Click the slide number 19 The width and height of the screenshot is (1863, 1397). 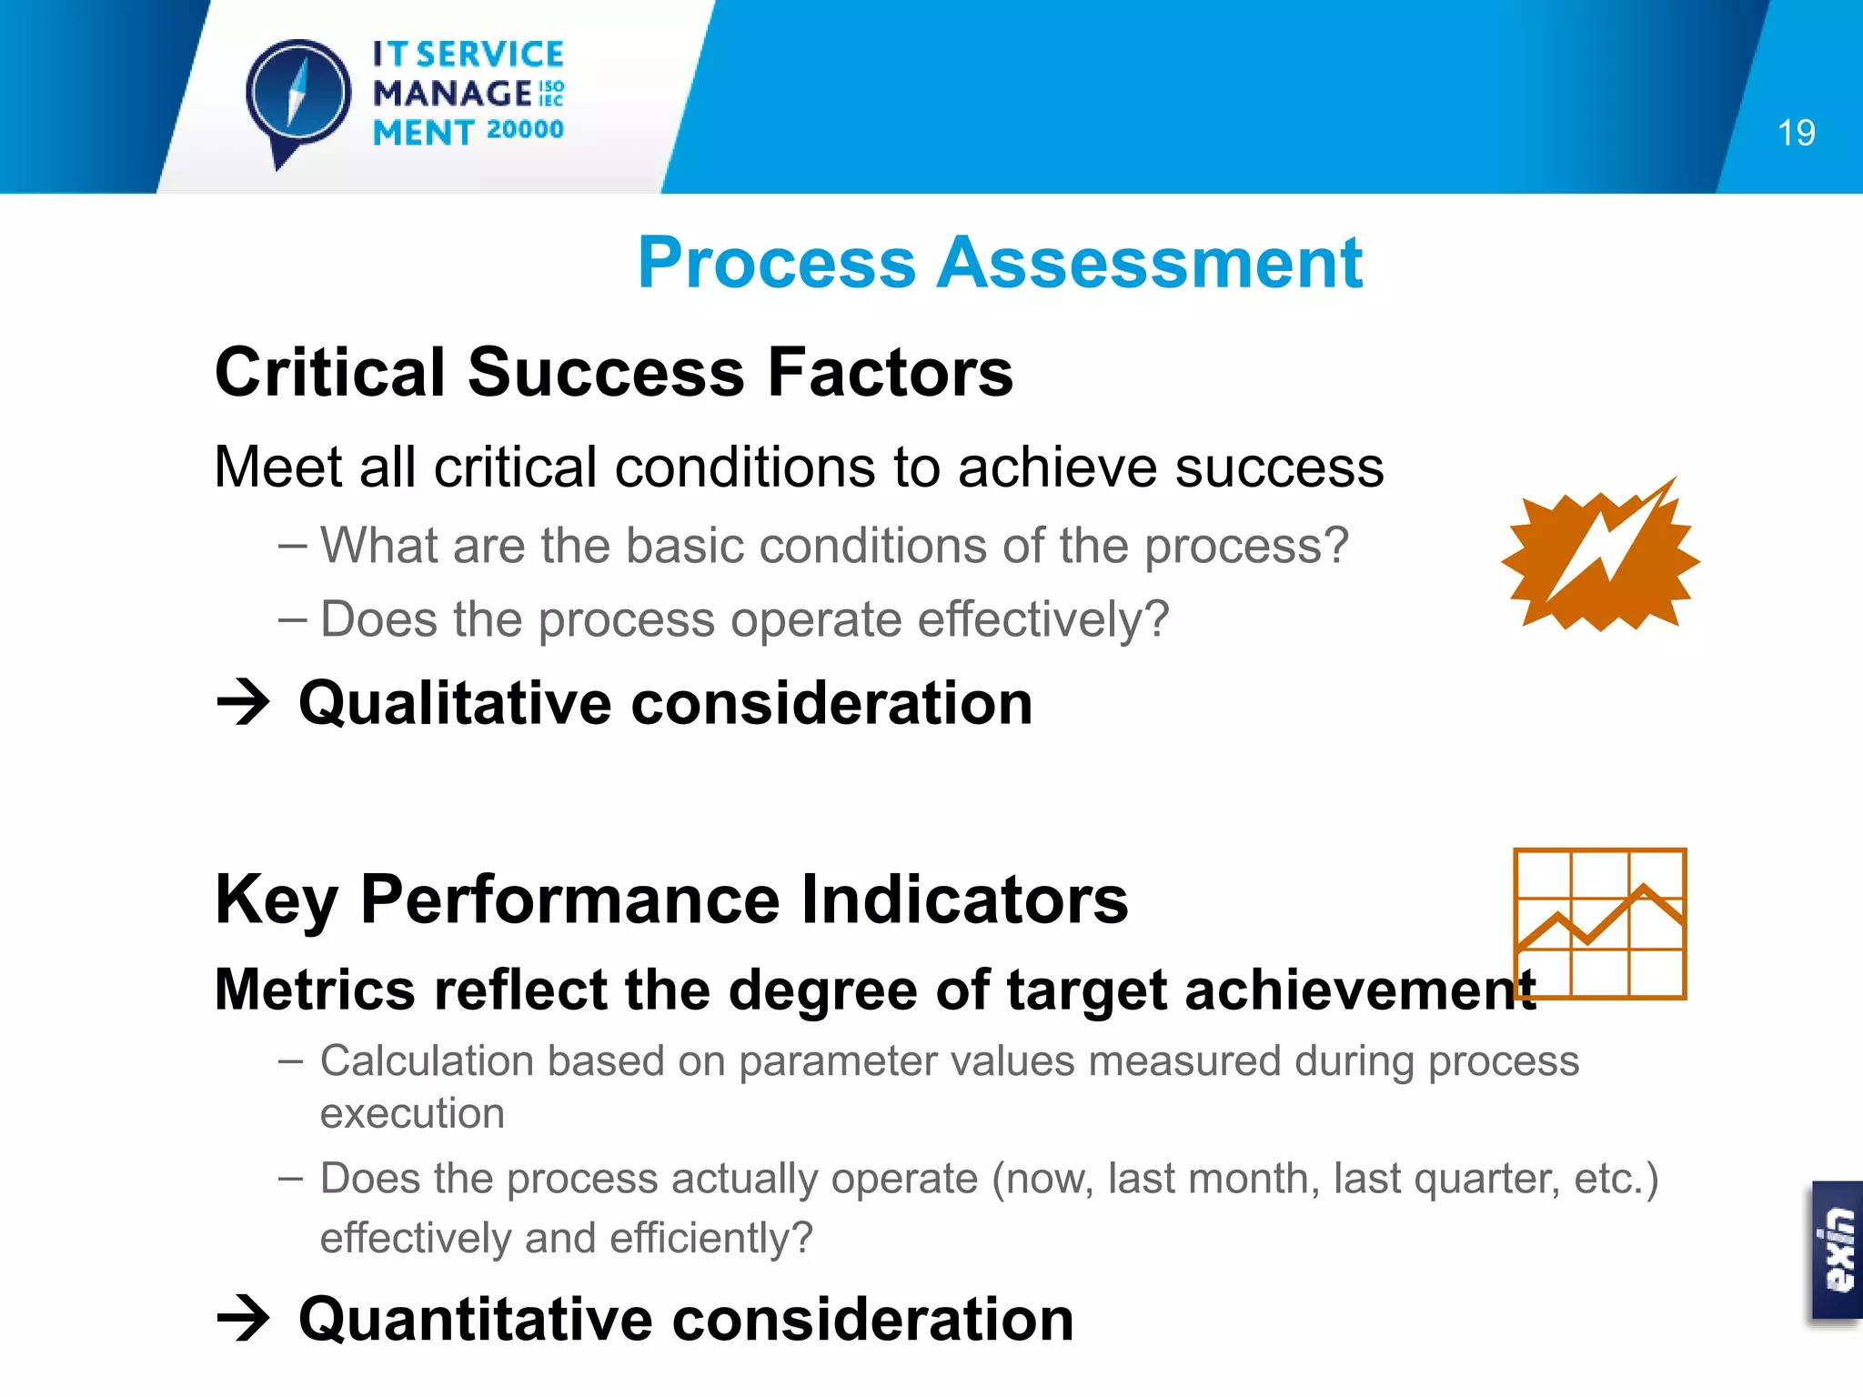[1796, 133]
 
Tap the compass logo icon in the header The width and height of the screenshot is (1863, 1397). [297, 95]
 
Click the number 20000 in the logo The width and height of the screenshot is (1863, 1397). [525, 130]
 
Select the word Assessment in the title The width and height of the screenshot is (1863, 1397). [1150, 263]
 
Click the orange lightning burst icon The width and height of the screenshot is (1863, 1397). [1600, 556]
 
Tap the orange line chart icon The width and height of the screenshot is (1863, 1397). [1599, 923]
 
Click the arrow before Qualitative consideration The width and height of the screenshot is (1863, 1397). [244, 703]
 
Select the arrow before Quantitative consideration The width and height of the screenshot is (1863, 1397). [244, 1319]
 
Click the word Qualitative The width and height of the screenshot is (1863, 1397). [455, 703]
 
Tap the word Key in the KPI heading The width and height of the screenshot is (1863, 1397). [277, 900]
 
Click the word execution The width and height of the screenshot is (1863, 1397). [412, 1113]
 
